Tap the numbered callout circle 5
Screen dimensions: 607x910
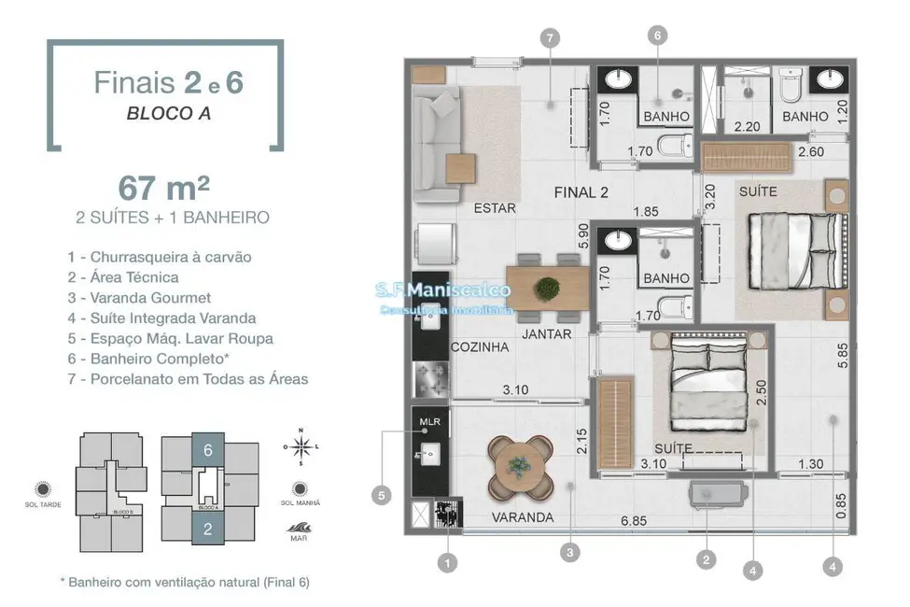click(x=381, y=496)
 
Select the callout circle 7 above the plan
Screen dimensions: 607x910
click(x=549, y=37)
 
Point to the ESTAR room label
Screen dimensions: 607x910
click(x=494, y=208)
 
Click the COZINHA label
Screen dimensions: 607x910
click(x=480, y=346)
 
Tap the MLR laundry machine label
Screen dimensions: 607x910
click(x=429, y=421)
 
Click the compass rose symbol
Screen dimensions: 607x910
click(x=301, y=447)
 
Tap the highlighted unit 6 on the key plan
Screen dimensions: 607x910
click(x=208, y=450)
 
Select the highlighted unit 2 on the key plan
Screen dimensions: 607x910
click(x=208, y=529)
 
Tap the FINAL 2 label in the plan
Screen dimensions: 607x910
click(x=581, y=192)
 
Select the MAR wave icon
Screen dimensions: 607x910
click(x=301, y=526)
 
